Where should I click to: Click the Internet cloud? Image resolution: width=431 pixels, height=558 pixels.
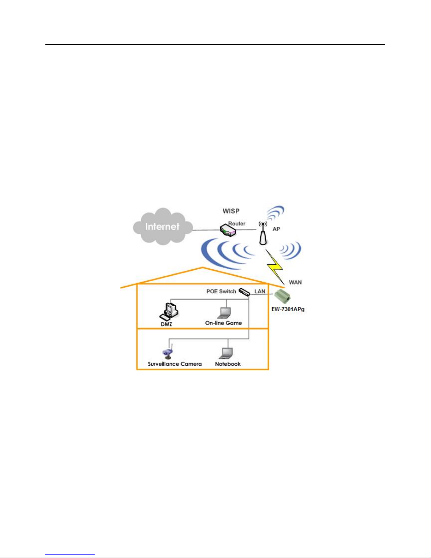(x=163, y=226)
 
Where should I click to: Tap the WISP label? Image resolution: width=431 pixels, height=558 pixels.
(x=231, y=211)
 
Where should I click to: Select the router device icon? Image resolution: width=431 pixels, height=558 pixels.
(x=228, y=231)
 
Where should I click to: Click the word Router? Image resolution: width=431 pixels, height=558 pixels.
(x=237, y=224)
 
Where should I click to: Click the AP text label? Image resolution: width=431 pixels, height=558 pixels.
(x=276, y=229)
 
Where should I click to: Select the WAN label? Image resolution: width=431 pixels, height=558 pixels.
(x=295, y=282)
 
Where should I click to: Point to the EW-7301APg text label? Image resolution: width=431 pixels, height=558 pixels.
(x=288, y=309)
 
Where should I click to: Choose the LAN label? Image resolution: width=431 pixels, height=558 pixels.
(x=260, y=291)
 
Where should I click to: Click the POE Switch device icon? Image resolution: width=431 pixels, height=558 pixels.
(x=244, y=292)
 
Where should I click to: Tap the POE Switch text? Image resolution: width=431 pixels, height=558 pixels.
(x=221, y=291)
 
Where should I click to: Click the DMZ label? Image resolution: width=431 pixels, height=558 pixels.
(x=166, y=324)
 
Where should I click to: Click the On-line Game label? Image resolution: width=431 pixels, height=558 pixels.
(x=223, y=323)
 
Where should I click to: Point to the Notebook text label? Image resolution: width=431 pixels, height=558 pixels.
(x=228, y=364)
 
